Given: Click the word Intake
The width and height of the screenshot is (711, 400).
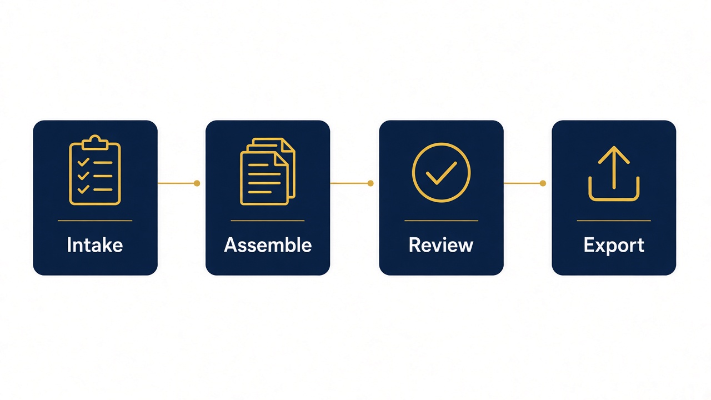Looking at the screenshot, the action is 95,245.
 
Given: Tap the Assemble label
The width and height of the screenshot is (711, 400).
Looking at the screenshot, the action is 268,245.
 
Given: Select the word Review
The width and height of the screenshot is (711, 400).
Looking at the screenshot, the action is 441,245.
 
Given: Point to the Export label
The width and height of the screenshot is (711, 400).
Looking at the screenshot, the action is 614,246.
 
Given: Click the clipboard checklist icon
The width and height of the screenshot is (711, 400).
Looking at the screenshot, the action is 95,170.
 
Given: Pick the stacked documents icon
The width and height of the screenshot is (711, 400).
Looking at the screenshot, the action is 268,172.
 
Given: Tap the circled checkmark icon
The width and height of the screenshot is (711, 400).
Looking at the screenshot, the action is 441,172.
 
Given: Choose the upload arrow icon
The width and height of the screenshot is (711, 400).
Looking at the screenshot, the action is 614,174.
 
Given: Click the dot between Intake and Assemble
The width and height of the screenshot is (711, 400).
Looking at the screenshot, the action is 197,183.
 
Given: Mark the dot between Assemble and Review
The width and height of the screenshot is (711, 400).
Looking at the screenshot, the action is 370,183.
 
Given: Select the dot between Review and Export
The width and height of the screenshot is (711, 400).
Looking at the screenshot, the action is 543,183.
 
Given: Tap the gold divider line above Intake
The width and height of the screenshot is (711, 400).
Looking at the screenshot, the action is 95,221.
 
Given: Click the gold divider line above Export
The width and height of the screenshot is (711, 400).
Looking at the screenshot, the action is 614,221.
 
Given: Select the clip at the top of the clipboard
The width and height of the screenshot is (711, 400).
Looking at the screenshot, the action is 95,143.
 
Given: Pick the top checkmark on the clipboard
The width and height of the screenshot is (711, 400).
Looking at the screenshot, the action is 83,162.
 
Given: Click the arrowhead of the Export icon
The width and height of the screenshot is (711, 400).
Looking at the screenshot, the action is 614,154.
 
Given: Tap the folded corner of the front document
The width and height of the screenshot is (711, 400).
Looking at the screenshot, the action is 281,159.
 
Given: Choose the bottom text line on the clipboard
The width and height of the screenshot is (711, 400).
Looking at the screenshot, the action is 103,190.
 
